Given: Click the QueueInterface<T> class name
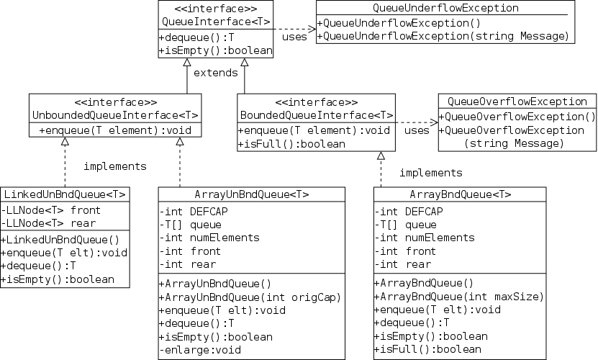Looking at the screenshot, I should (216, 22).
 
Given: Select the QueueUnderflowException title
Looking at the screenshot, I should (446, 8).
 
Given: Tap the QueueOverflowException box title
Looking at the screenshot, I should (517, 102).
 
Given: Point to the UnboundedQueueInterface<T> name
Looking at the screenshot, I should (115, 115).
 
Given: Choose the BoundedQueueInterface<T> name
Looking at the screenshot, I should (316, 115).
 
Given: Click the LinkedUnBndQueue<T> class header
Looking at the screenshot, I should (65, 194).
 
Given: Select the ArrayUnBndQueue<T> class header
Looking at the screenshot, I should (252, 194).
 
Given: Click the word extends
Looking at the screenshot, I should (217, 73).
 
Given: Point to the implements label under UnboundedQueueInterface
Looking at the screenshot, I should (115, 166).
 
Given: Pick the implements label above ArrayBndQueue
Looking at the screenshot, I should (430, 173).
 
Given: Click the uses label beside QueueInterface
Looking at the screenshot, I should (294, 37).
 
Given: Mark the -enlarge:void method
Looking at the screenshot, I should (200, 351).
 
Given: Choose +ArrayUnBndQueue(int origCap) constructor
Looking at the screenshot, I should (249, 296).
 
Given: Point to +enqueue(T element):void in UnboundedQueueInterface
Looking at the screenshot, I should (115, 130).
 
